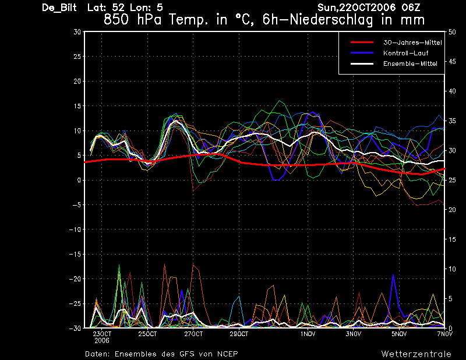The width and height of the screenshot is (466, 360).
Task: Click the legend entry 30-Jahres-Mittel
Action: [412, 43]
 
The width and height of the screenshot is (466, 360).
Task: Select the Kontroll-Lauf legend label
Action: [405, 53]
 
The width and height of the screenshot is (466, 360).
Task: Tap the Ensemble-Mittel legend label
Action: [410, 63]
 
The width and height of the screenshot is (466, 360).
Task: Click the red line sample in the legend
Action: [362, 43]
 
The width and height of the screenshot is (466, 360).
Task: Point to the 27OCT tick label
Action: [193, 334]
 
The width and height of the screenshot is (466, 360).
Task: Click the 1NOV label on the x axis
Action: [308, 334]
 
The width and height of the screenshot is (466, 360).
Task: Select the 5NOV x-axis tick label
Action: [399, 334]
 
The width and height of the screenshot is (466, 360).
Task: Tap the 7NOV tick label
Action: [444, 334]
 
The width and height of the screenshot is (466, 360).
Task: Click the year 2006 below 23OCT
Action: [102, 341]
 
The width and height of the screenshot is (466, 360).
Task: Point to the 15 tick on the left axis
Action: [77, 106]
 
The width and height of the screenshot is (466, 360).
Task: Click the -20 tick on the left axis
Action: [75, 279]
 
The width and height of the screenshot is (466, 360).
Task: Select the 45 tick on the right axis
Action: [452, 62]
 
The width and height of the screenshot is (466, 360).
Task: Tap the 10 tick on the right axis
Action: [452, 269]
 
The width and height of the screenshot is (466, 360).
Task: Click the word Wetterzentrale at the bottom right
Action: [416, 354]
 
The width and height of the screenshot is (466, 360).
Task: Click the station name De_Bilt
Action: [59, 8]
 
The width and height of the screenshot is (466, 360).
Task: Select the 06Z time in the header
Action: [411, 8]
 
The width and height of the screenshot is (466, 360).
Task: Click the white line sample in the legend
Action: [362, 63]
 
